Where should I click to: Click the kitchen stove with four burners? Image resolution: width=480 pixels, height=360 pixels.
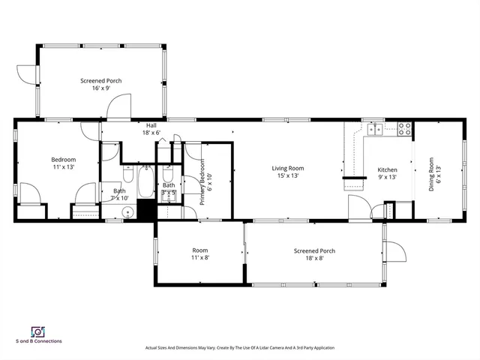pyautogui.click(x=404, y=129)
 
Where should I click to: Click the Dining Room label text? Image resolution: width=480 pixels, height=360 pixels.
pyautogui.click(x=433, y=174)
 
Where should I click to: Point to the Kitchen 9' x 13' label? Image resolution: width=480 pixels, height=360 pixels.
pyautogui.click(x=387, y=174)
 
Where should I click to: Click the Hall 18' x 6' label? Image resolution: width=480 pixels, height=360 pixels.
pyautogui.click(x=151, y=129)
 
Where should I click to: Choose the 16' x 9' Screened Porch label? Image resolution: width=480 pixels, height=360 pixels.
pyautogui.click(x=101, y=84)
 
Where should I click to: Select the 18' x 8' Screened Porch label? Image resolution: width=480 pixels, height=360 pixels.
pyautogui.click(x=314, y=255)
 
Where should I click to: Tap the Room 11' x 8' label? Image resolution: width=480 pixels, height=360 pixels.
pyautogui.click(x=199, y=254)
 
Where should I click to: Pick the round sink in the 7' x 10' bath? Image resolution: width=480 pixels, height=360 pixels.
pyautogui.click(x=127, y=213)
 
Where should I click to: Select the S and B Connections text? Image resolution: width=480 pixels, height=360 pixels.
pyautogui.click(x=39, y=341)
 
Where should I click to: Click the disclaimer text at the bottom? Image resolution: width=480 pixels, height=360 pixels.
pyautogui.click(x=240, y=348)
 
